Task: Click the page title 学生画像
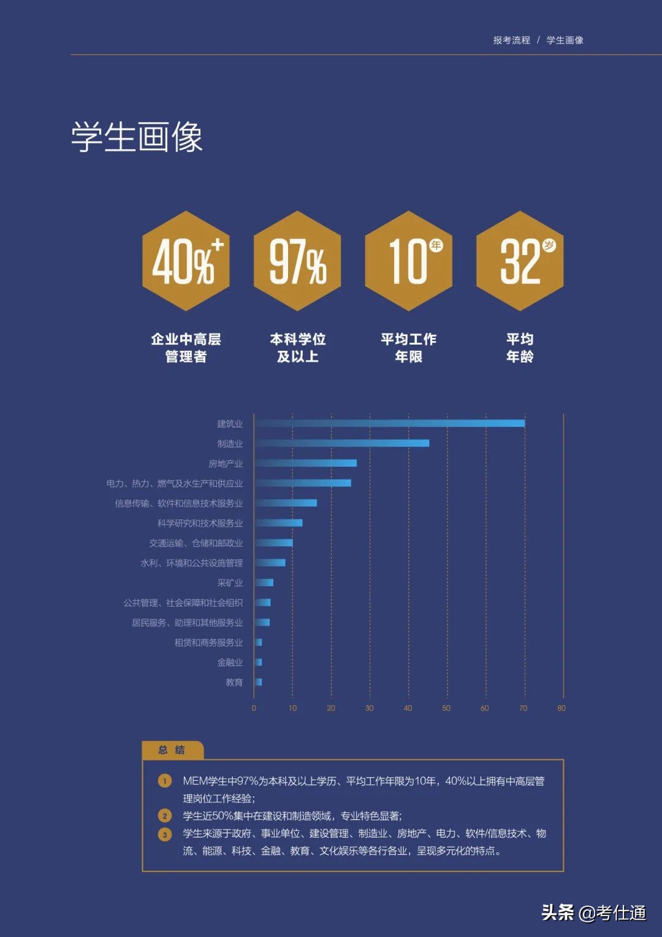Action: pos(137,137)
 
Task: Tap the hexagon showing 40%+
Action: pos(186,261)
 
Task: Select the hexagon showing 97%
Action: pos(297,261)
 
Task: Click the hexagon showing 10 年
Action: pos(409,261)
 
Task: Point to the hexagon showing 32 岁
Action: pos(520,261)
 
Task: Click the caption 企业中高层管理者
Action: pos(186,348)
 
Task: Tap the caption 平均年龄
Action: pos(520,348)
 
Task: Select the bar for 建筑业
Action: pos(390,423)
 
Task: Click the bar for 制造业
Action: pos(342,443)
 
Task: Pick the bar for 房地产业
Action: pos(306,463)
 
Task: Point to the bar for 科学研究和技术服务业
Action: pos(279,523)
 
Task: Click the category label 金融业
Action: pos(230,662)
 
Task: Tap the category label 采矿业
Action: pos(230,583)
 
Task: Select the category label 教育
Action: pos(234,683)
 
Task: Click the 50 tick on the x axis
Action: pos(446,708)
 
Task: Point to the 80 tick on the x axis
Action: pos(561,708)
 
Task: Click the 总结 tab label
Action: pos(172,750)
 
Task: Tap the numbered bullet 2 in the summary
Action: pos(165,816)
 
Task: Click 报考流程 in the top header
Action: pos(512,40)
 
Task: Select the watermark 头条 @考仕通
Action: pos(593,912)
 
